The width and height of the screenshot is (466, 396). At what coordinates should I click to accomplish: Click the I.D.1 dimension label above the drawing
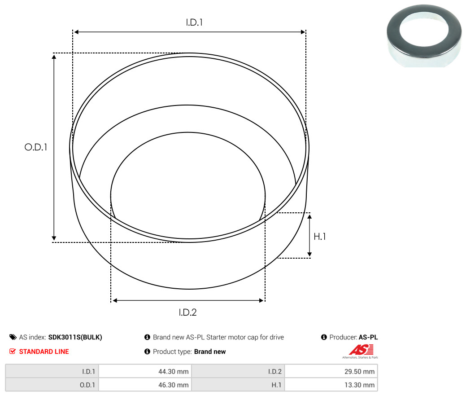click(x=194, y=22)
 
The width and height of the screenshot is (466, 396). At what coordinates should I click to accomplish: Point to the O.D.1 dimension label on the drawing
click(x=36, y=147)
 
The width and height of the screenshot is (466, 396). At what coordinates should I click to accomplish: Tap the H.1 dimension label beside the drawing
click(x=320, y=237)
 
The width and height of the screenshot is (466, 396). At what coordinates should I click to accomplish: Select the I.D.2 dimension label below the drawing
click(x=187, y=312)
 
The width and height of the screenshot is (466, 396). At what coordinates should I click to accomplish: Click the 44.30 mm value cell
click(x=145, y=371)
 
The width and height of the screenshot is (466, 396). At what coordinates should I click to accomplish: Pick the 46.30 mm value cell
click(x=145, y=385)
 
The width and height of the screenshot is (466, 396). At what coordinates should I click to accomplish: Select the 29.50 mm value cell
click(x=331, y=371)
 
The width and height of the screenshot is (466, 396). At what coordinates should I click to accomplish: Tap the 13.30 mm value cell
click(x=331, y=385)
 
